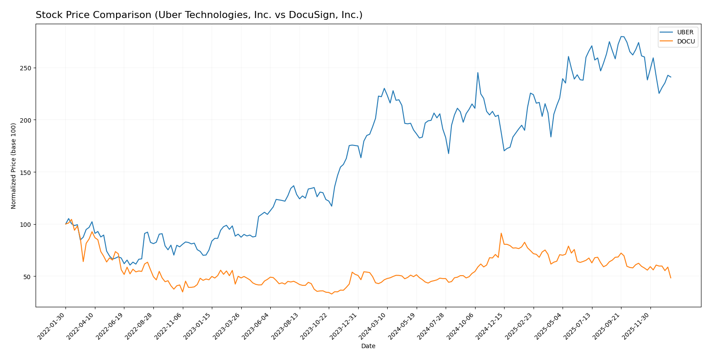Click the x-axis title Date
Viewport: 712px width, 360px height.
click(368, 346)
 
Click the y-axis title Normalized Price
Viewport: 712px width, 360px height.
click(14, 166)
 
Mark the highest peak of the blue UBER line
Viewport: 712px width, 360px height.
click(622, 36)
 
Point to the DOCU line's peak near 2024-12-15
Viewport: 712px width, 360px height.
click(501, 233)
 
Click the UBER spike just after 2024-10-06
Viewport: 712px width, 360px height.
click(478, 73)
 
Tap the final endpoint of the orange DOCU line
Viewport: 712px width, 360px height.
click(671, 278)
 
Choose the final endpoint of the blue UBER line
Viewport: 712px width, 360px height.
click(671, 77)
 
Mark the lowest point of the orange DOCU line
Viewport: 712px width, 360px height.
click(331, 294)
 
